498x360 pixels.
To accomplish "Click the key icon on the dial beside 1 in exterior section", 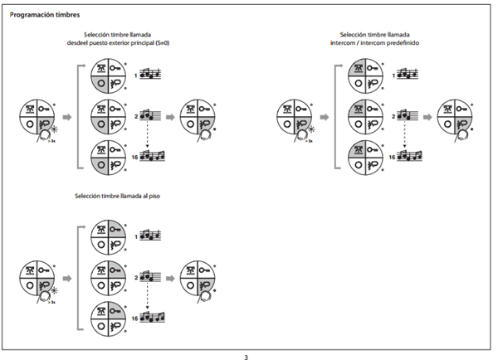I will pos(117,66).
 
